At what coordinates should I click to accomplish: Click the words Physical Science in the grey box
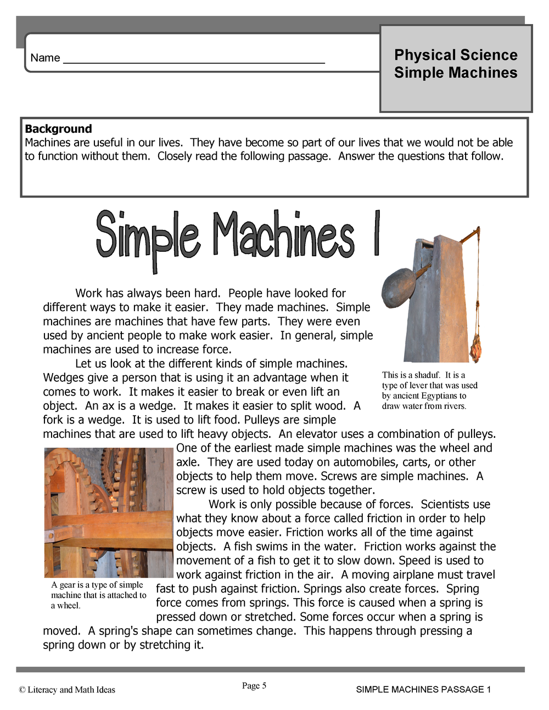[x=456, y=55]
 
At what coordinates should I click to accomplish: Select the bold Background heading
[x=58, y=129]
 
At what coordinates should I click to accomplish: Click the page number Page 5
[x=254, y=685]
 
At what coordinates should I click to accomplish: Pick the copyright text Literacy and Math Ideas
[x=71, y=690]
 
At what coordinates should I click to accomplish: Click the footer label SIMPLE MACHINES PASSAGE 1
[x=423, y=689]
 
